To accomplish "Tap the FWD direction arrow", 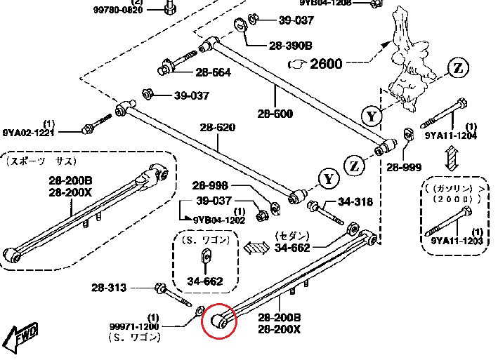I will pos(22,338).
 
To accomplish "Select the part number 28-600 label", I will pos(275,114).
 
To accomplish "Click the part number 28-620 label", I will pos(218,128).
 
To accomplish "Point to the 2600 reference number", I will pos(326,64).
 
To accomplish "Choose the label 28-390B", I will pos(290,46).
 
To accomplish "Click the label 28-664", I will pos(214,72).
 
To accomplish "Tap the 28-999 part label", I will pos(403,168).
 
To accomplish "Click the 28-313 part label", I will pos(109,287).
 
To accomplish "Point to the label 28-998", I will pos(212,185).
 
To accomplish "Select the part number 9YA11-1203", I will pos(456,241).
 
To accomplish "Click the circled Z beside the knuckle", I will pos(458,68).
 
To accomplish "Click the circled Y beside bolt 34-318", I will pos(327,179).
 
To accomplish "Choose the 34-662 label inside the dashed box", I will pos(205,282).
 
